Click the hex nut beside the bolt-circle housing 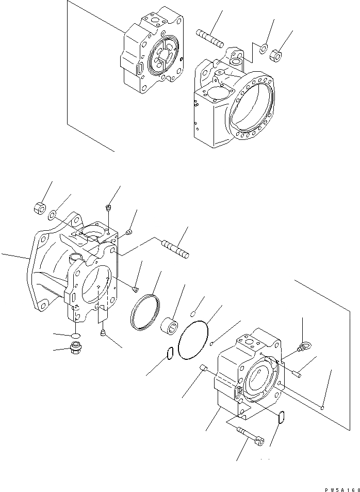(x=277, y=52)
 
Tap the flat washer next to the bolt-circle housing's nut (x=263, y=49)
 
